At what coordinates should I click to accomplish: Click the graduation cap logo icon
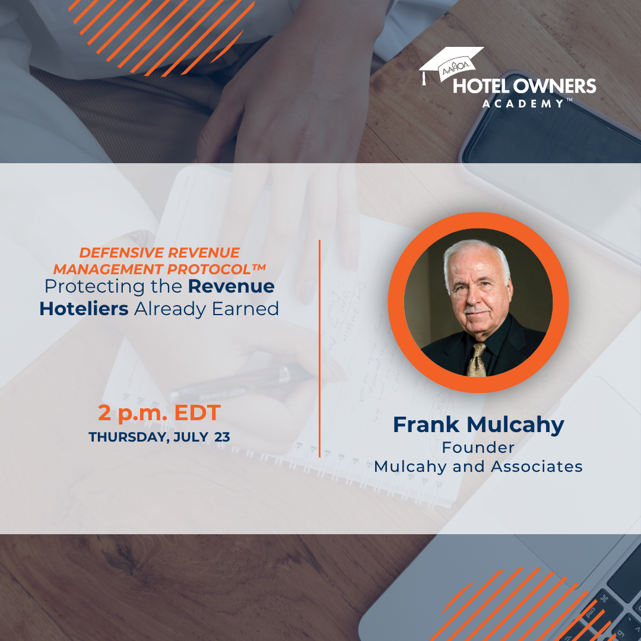(x=450, y=65)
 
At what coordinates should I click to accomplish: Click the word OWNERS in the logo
(x=554, y=86)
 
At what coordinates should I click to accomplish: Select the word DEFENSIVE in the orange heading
(x=122, y=253)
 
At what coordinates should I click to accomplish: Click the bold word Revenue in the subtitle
(x=231, y=286)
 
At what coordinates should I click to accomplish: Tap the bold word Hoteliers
(x=84, y=309)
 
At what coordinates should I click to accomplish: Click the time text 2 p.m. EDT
(x=160, y=412)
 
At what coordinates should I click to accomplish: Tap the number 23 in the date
(x=222, y=437)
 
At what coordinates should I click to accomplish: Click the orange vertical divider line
(x=319, y=348)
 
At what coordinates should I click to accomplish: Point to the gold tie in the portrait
(x=477, y=360)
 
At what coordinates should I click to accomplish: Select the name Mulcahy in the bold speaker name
(x=516, y=426)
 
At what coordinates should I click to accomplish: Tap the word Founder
(x=478, y=448)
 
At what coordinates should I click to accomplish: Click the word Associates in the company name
(x=537, y=467)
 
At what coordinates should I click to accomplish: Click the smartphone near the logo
(x=552, y=127)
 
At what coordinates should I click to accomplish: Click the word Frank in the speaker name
(x=426, y=425)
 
